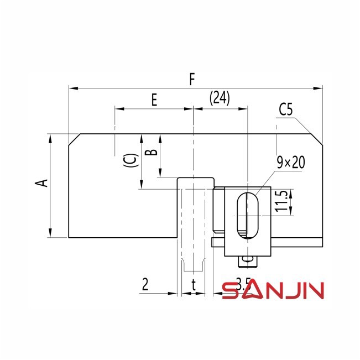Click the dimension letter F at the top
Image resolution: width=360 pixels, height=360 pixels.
192,79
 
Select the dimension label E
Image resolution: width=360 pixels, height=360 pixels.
154,100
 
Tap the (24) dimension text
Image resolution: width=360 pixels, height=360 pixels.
220,98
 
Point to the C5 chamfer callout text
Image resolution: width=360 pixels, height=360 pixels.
286,109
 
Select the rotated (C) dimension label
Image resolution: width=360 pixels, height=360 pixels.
128,160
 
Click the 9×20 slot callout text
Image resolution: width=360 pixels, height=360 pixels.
291,162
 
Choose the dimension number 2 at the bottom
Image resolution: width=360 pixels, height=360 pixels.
145,285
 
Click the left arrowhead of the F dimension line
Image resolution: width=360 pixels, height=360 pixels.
71,87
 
